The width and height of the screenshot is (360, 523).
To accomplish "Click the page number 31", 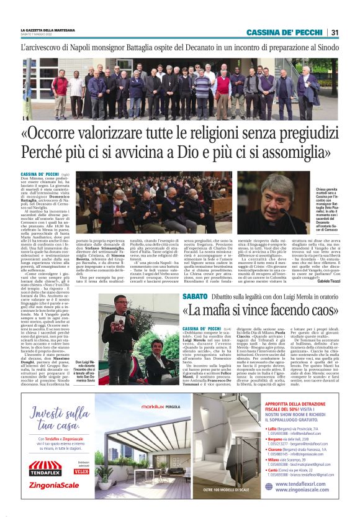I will click(334, 32).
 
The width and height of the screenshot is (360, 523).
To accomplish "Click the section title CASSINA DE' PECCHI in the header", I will click(284, 32).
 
